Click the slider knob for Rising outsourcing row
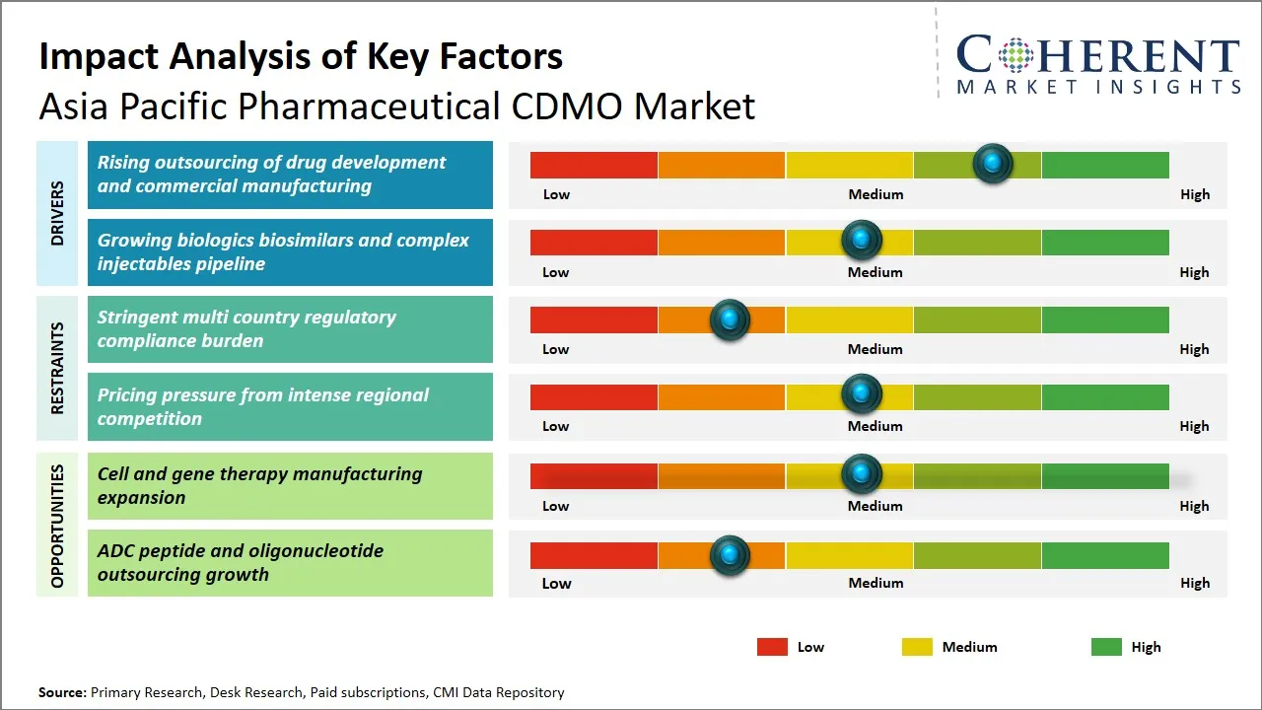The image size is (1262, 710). pyautogui.click(x=993, y=163)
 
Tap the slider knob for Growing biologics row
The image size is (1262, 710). pyautogui.click(x=862, y=240)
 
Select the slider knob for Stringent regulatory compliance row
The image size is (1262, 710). pyautogui.click(x=730, y=319)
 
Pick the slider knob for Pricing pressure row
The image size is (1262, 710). pyautogui.click(x=862, y=394)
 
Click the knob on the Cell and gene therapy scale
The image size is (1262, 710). pyautogui.click(x=862, y=474)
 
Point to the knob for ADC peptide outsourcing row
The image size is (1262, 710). pyautogui.click(x=730, y=555)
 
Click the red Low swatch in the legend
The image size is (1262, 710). pyautogui.click(x=772, y=647)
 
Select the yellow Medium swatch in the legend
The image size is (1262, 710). pyautogui.click(x=917, y=647)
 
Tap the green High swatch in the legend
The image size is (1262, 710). pyautogui.click(x=1106, y=647)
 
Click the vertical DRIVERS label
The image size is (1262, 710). pyautogui.click(x=57, y=213)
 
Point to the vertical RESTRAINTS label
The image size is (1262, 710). pyautogui.click(x=57, y=368)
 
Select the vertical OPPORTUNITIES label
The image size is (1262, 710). pyautogui.click(x=57, y=526)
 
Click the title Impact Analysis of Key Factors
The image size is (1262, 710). pyautogui.click(x=301, y=56)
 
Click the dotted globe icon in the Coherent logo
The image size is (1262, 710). pyautogui.click(x=1017, y=55)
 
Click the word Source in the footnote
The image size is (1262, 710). pyautogui.click(x=62, y=692)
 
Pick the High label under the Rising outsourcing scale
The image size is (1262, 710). pyautogui.click(x=1194, y=194)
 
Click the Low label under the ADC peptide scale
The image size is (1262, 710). pyautogui.click(x=556, y=583)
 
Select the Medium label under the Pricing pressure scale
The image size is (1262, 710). pyautogui.click(x=875, y=426)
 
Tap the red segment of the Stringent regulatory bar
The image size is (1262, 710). pyautogui.click(x=594, y=319)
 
